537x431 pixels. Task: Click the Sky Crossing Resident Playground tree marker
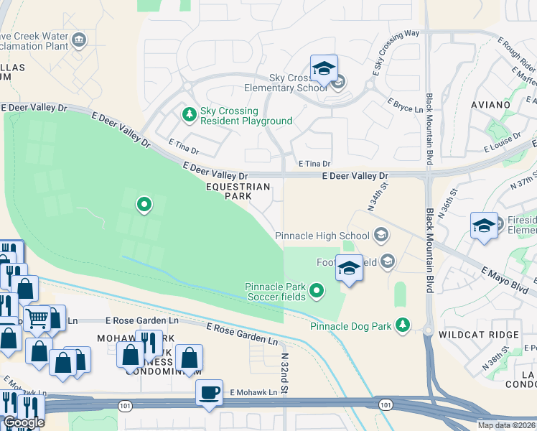190,113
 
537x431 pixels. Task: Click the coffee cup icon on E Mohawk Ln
210,393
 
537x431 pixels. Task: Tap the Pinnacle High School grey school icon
380,235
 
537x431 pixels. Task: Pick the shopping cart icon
37,318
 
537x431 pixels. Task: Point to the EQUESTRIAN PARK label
238,191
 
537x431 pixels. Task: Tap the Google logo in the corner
23,422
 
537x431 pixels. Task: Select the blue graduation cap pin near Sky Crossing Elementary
324,69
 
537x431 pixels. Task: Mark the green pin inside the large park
144,205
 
